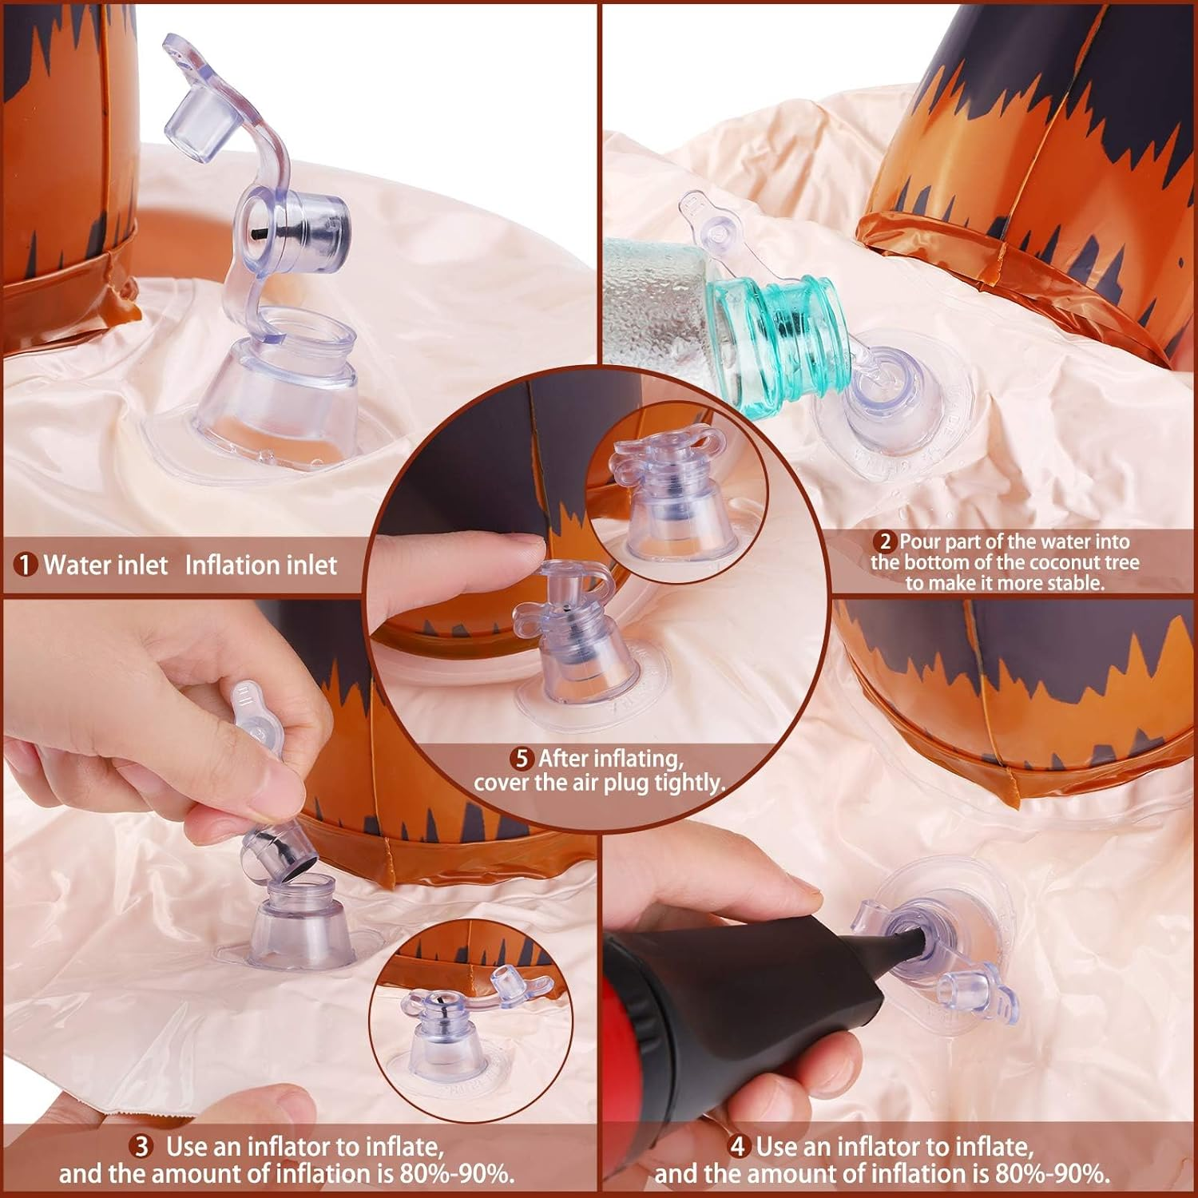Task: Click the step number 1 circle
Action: (x=26, y=565)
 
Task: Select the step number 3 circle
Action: (x=141, y=1147)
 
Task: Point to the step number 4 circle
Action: (x=739, y=1147)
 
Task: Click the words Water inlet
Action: (x=106, y=565)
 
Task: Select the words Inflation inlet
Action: (x=261, y=565)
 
